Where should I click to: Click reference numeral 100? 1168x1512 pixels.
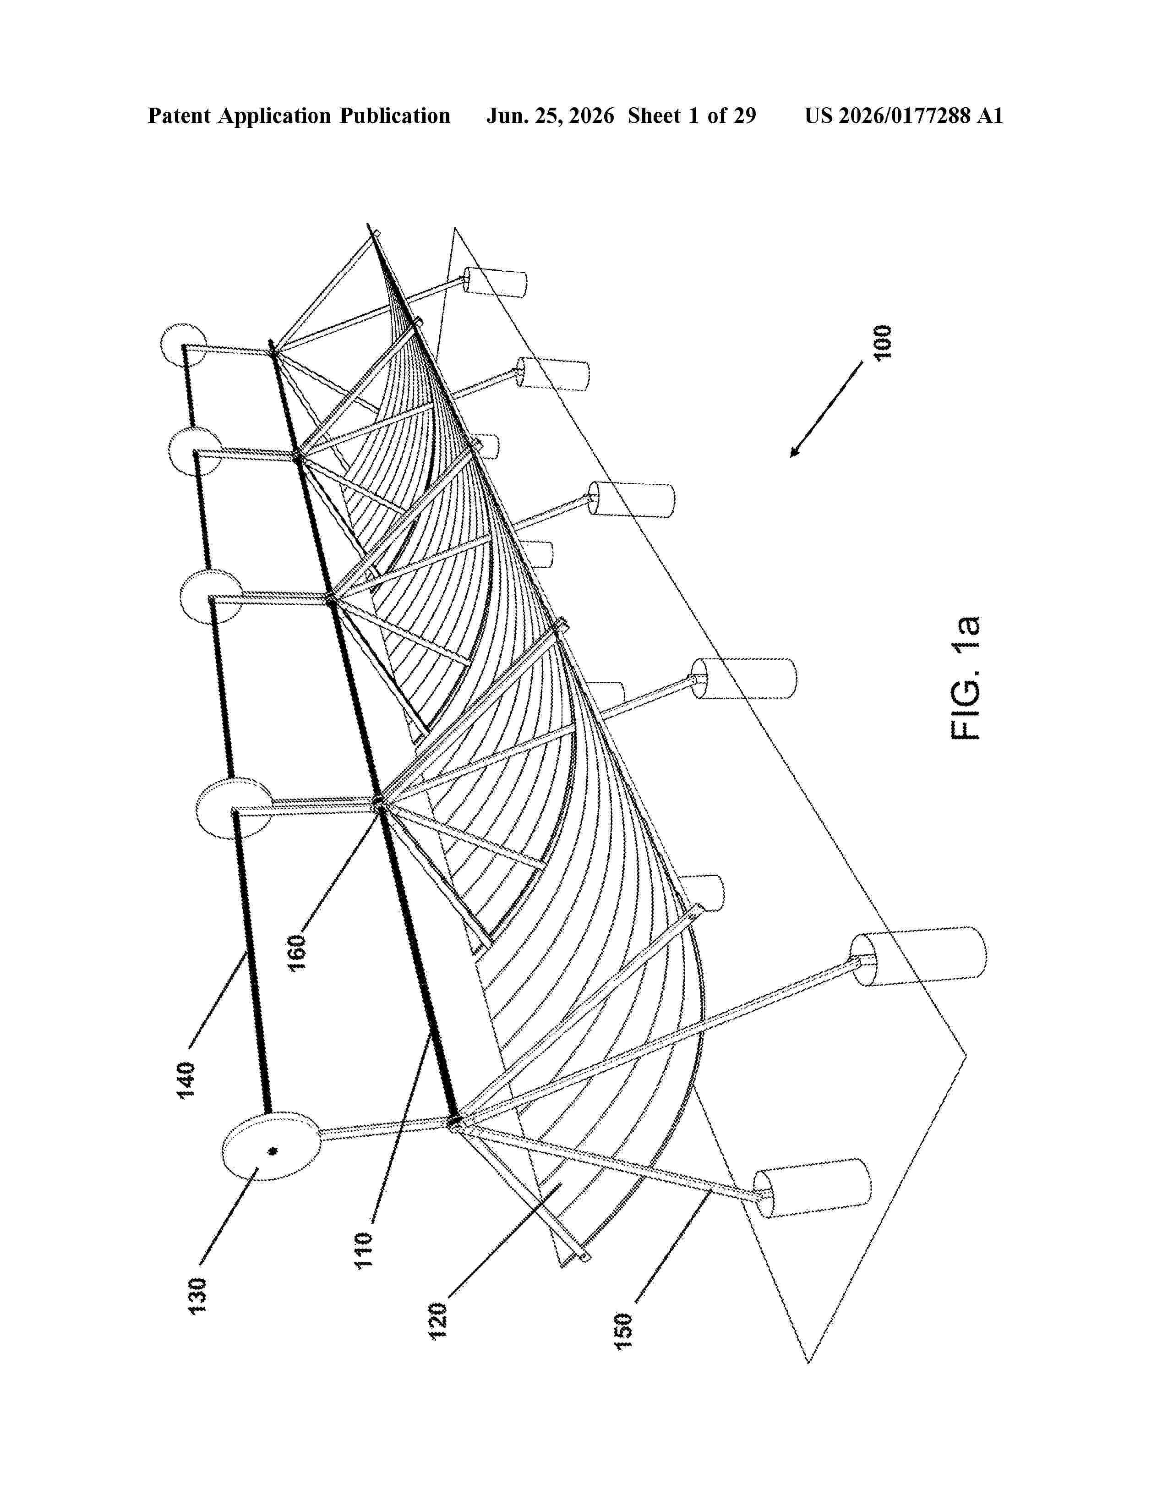click(883, 341)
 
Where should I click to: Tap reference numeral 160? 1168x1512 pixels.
click(298, 952)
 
